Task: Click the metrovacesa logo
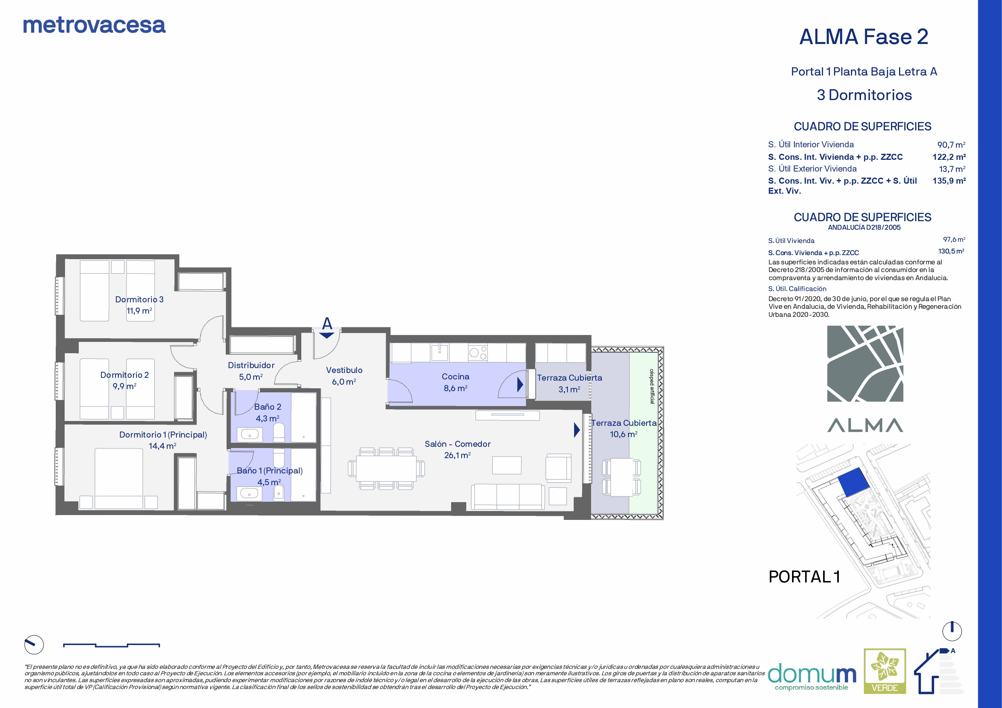tap(94, 25)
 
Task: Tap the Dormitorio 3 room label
tap(139, 299)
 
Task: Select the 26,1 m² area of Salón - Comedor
tap(457, 455)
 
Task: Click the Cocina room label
tap(455, 377)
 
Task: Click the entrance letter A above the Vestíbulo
tap(327, 323)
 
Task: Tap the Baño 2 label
tap(267, 406)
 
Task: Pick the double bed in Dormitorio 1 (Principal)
tap(119, 478)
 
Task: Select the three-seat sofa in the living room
tap(507, 496)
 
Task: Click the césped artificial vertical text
tap(652, 386)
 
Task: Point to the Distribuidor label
tap(251, 365)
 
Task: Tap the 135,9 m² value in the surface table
tap(949, 180)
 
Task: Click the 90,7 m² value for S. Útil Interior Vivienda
tap(951, 145)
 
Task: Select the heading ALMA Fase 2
tap(863, 37)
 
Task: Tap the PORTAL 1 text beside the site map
tap(804, 577)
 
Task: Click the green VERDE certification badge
tap(884, 671)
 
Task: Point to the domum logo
tap(812, 677)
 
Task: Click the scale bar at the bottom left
tap(111, 645)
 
